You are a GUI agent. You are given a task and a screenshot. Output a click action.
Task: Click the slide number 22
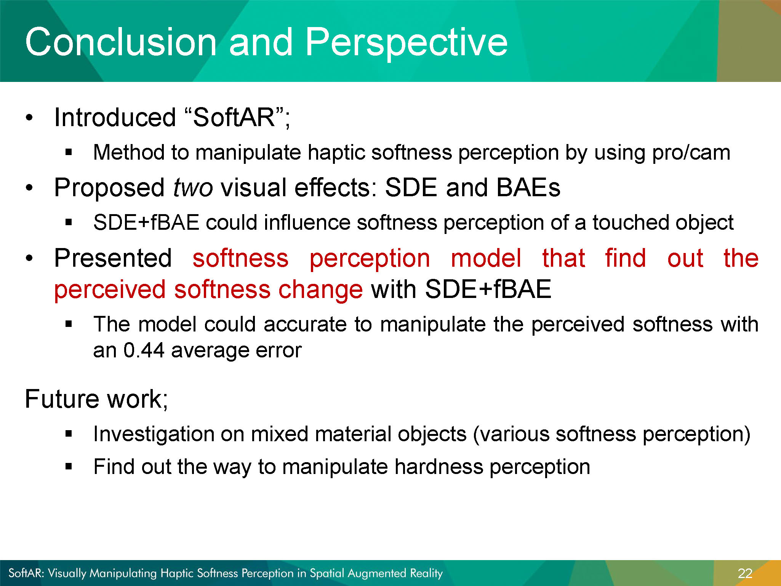click(745, 573)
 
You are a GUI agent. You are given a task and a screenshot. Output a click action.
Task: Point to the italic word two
click(193, 188)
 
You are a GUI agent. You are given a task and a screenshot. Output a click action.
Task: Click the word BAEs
click(528, 187)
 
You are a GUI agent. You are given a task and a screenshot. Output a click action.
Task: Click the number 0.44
click(144, 350)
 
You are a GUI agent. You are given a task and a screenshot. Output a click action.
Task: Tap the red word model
click(486, 258)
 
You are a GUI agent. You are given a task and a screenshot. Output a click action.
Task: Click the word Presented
click(113, 258)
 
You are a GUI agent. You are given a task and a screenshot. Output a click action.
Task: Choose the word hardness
click(439, 467)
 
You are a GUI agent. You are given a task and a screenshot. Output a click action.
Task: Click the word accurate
click(305, 325)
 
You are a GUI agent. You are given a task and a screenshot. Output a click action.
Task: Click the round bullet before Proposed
click(30, 188)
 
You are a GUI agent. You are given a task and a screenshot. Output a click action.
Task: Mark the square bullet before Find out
click(69, 466)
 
